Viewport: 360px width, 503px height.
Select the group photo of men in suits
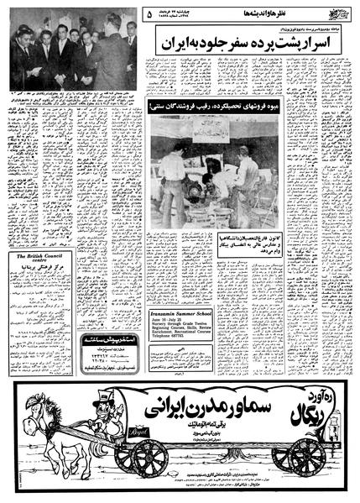(x=74, y=60)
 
